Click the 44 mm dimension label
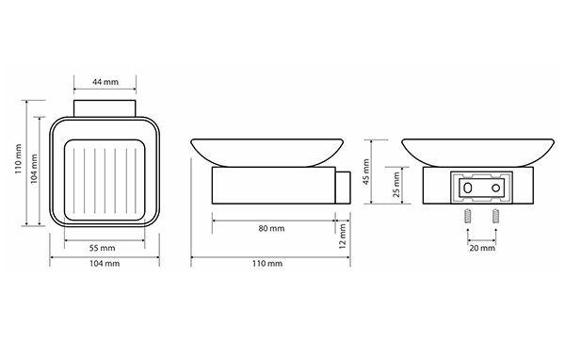105,82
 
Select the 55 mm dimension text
103,248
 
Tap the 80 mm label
271,228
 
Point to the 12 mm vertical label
343,237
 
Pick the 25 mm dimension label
396,185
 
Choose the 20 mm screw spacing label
482,248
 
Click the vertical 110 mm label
18,159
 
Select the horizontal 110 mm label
267,263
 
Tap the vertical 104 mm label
34,169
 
